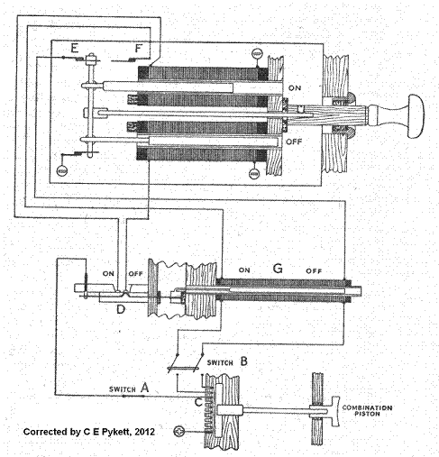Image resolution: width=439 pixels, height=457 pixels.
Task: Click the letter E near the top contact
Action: [x=74, y=48]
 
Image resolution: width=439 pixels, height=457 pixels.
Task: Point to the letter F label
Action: [x=139, y=48]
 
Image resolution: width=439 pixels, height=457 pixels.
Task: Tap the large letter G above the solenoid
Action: [x=278, y=268]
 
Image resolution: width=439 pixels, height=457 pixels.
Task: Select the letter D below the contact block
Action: [x=121, y=309]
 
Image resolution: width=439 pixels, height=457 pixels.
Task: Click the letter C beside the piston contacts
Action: [x=198, y=402]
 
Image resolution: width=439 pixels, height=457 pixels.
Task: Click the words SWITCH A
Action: [x=129, y=388]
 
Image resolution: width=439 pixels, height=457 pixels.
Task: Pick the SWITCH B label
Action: [x=227, y=361]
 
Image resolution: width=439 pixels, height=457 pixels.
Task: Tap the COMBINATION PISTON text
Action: [x=367, y=410]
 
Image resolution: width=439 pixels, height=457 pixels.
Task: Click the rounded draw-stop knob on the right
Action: [x=416, y=116]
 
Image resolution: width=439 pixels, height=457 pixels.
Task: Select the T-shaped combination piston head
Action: [x=336, y=411]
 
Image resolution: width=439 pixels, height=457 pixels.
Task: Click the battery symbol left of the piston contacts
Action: [x=178, y=432]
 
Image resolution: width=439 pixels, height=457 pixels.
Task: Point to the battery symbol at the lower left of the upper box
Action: [x=62, y=171]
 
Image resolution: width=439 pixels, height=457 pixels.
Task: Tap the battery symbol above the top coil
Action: [x=257, y=54]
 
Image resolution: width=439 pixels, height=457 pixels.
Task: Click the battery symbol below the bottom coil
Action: [x=254, y=173]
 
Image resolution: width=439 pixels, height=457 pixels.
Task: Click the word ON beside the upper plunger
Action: [x=295, y=88]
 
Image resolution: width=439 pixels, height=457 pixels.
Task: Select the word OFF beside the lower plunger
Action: [x=294, y=142]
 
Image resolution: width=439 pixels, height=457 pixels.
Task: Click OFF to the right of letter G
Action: [x=314, y=271]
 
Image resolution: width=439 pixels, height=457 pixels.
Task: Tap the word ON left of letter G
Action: [x=244, y=270]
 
